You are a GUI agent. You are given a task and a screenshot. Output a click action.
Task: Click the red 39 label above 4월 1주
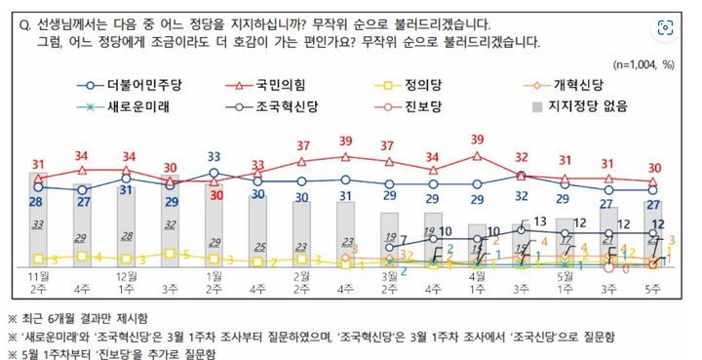(x=477, y=140)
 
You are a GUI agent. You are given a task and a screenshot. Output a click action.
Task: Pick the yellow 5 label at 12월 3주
(x=172, y=254)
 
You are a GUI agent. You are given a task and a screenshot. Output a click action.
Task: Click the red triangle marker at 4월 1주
(x=477, y=155)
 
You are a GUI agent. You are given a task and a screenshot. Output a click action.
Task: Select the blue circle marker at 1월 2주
(x=214, y=173)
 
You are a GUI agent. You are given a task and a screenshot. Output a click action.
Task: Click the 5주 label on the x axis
(x=654, y=290)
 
